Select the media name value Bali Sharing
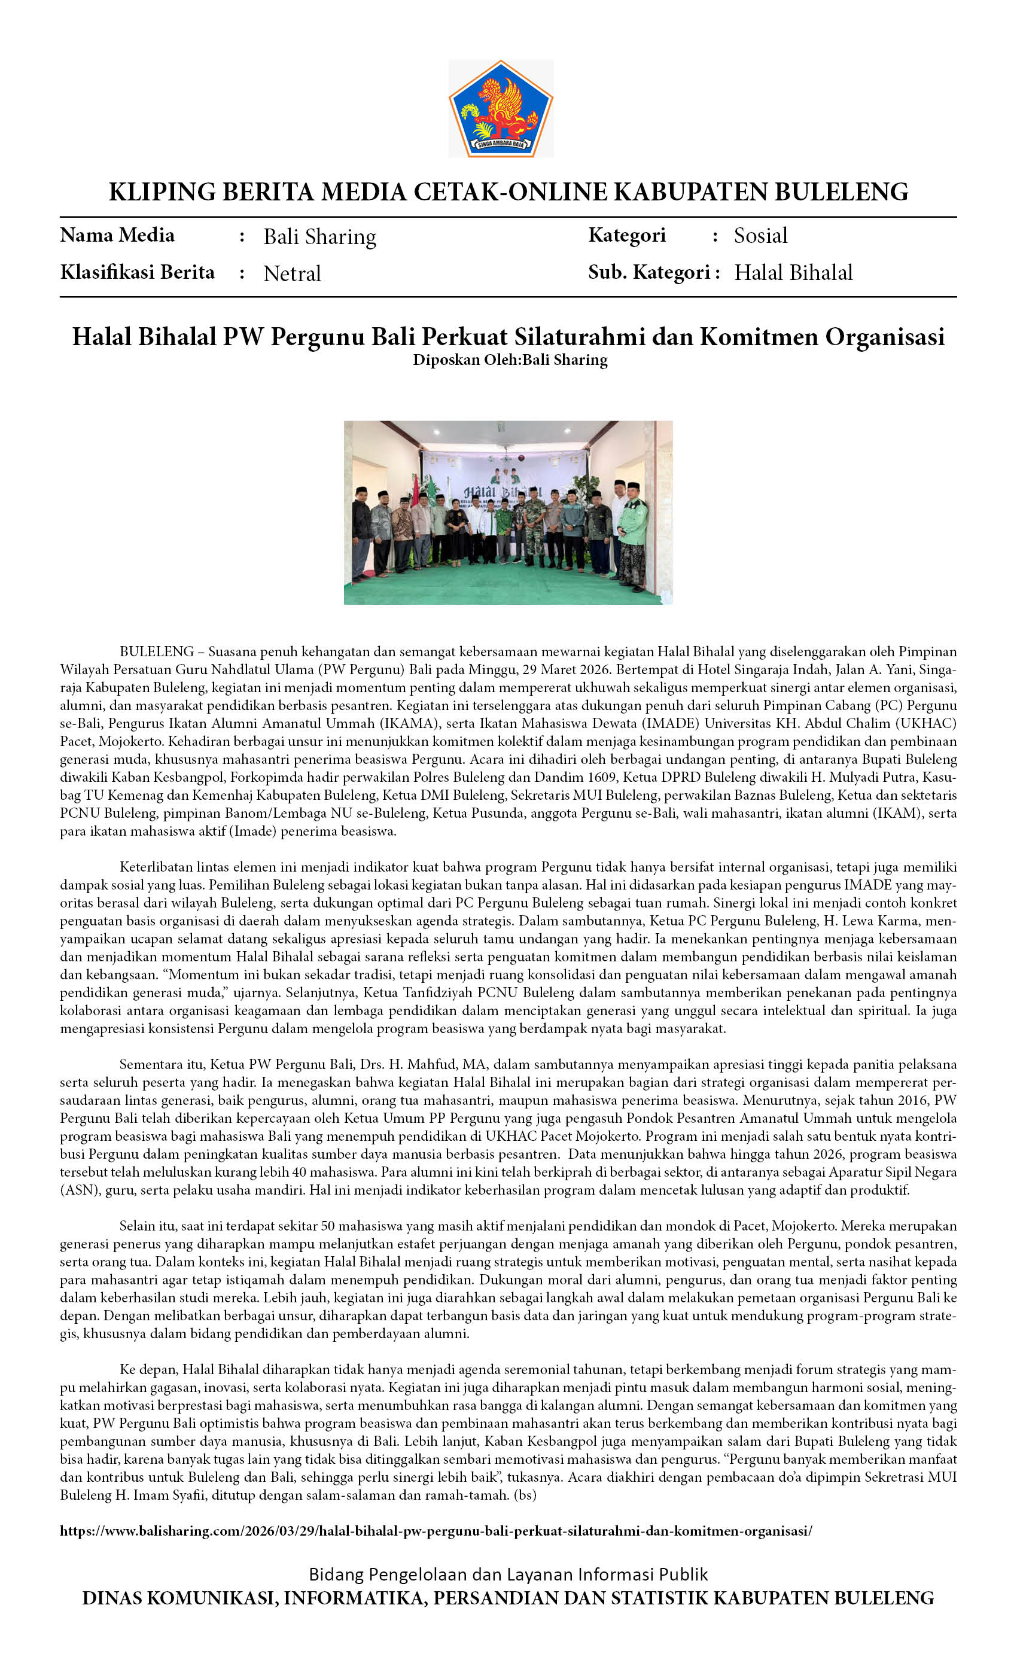click(x=319, y=236)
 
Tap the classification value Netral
click(x=292, y=273)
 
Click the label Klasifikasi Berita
click(x=138, y=273)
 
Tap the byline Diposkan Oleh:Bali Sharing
click(x=510, y=360)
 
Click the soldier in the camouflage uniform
click(x=534, y=527)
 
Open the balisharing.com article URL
click(x=436, y=1531)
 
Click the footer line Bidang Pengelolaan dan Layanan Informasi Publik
click(x=508, y=1574)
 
